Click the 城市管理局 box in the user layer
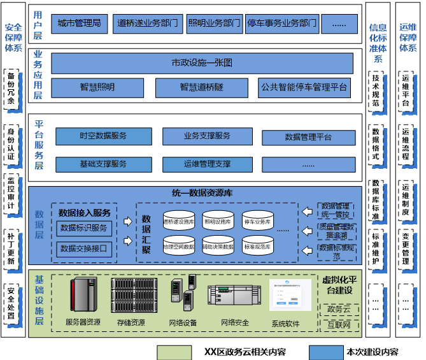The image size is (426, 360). tap(79, 24)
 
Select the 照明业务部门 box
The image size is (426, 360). tap(215, 24)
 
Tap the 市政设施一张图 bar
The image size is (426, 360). tap(202, 63)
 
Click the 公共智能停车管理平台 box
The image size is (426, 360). tap(305, 87)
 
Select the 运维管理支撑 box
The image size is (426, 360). tap(208, 164)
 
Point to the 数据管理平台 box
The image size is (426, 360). tap(308, 137)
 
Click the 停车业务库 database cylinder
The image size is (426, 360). tap(257, 222)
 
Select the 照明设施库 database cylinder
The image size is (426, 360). tap(218, 222)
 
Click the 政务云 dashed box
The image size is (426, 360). tap(339, 309)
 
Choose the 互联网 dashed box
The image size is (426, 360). tap(339, 326)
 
